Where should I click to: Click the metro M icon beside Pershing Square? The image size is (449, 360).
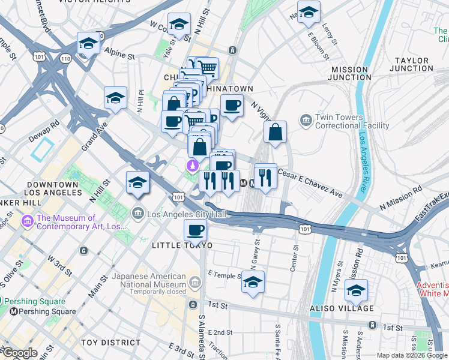(13, 311)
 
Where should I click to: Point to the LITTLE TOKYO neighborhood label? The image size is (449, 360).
(182, 245)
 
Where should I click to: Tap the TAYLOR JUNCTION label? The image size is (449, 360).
(411, 64)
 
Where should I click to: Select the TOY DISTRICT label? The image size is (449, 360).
(110, 343)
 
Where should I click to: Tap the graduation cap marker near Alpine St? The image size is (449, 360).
(88, 43)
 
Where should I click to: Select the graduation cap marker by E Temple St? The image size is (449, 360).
(253, 281)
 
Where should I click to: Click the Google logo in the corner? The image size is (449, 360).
(20, 353)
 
